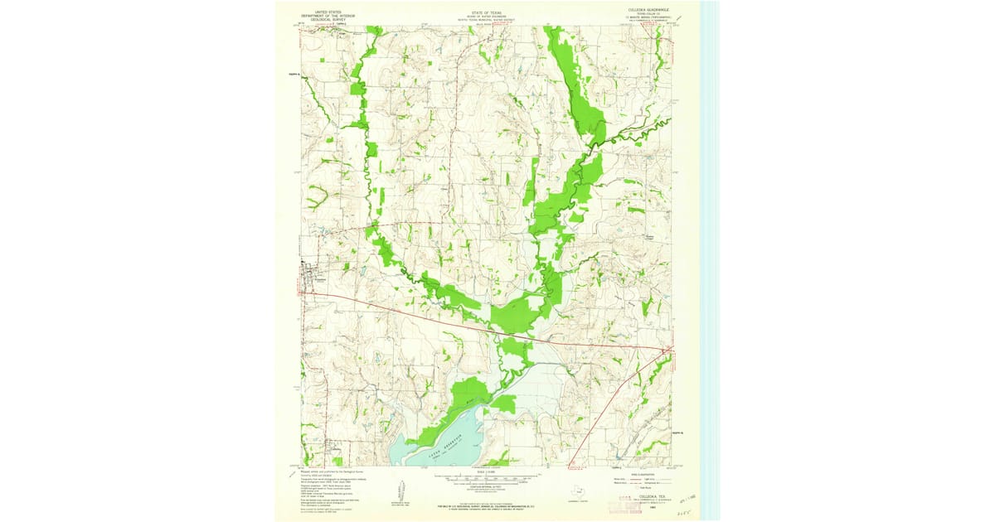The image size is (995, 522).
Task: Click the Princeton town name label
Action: tap(318, 279)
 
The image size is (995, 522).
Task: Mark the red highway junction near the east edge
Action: tap(664, 351)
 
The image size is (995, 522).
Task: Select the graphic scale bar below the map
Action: tap(487, 478)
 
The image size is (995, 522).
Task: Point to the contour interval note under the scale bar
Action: tap(487, 486)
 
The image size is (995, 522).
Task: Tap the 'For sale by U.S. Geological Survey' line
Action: tap(487, 504)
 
